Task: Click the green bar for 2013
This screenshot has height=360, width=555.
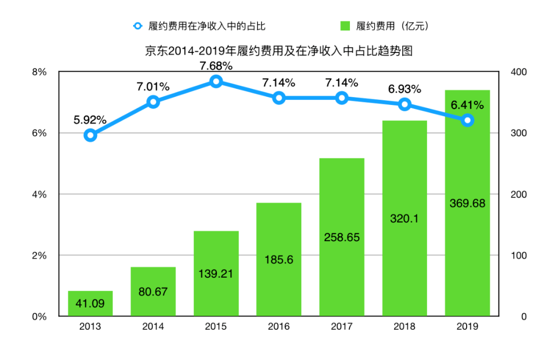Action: click(90, 303)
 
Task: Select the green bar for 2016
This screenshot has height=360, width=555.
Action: click(279, 260)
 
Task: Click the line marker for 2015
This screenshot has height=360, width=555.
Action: click(216, 81)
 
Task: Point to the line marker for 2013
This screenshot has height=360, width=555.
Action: click(90, 135)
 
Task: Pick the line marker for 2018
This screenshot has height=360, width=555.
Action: click(404, 104)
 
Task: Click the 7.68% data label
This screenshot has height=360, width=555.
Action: click(216, 66)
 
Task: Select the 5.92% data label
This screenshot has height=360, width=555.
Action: click(90, 120)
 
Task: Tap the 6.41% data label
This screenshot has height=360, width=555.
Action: click(467, 105)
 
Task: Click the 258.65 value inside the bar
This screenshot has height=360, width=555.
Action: click(342, 238)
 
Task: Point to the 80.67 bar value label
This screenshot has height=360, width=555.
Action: click(153, 292)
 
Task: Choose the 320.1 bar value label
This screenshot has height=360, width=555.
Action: click(404, 219)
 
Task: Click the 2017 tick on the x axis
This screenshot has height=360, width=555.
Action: click(342, 327)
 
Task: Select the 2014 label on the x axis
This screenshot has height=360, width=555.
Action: click(153, 327)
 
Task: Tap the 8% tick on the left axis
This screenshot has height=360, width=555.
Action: click(39, 72)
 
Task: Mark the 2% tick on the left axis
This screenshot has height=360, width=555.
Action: click(39, 256)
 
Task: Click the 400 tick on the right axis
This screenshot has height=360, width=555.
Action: click(519, 72)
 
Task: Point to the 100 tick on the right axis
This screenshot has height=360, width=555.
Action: click(519, 256)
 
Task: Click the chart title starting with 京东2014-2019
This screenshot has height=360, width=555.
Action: click(279, 51)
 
